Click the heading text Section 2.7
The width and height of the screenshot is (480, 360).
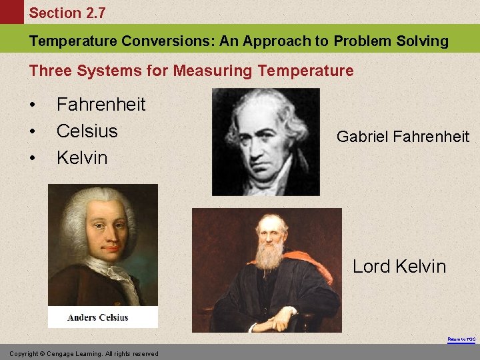pos(67,13)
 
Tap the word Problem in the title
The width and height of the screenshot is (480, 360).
pos(363,41)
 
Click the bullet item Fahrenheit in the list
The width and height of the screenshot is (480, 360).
pos(101,104)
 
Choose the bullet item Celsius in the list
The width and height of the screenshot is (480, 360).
pos(87,131)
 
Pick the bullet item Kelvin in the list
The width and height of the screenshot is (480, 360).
pos(82,157)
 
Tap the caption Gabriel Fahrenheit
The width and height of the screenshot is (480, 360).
pos(403,137)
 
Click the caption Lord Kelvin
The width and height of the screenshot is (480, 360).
pos(399,267)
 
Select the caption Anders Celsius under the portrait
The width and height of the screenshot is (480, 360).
pos(98,317)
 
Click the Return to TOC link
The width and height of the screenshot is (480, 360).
pos(461,339)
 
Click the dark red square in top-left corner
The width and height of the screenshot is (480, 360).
pos(11,13)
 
